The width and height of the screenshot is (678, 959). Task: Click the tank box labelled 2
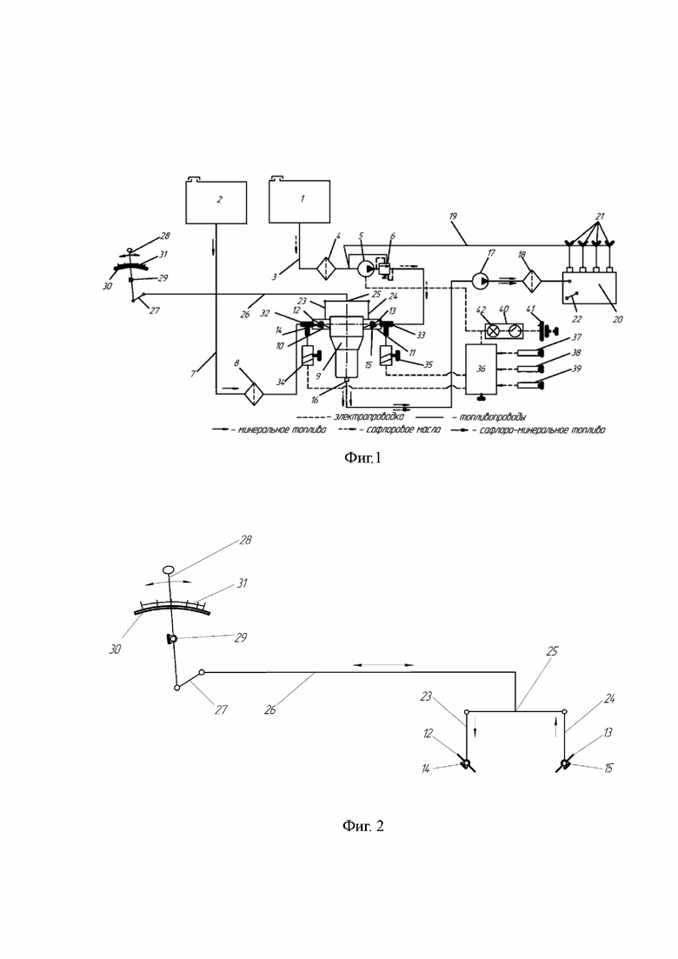(216, 202)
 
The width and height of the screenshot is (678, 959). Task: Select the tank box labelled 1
(300, 201)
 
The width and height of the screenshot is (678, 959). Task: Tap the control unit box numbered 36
(482, 369)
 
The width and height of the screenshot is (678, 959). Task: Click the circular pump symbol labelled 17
(482, 281)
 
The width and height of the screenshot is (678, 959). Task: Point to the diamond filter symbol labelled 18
(532, 281)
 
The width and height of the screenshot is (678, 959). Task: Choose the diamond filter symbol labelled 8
(251, 390)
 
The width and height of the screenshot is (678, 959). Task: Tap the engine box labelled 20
(589, 288)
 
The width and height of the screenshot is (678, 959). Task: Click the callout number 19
(453, 216)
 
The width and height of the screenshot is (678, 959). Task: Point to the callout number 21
(600, 216)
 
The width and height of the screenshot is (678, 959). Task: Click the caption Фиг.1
(363, 457)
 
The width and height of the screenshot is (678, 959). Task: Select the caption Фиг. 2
(363, 826)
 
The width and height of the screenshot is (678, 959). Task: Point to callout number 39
(576, 369)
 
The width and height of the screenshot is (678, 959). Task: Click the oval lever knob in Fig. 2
(169, 570)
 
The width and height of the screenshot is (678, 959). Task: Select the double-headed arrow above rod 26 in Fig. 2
(383, 664)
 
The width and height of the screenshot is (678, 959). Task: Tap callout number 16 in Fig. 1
(315, 400)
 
